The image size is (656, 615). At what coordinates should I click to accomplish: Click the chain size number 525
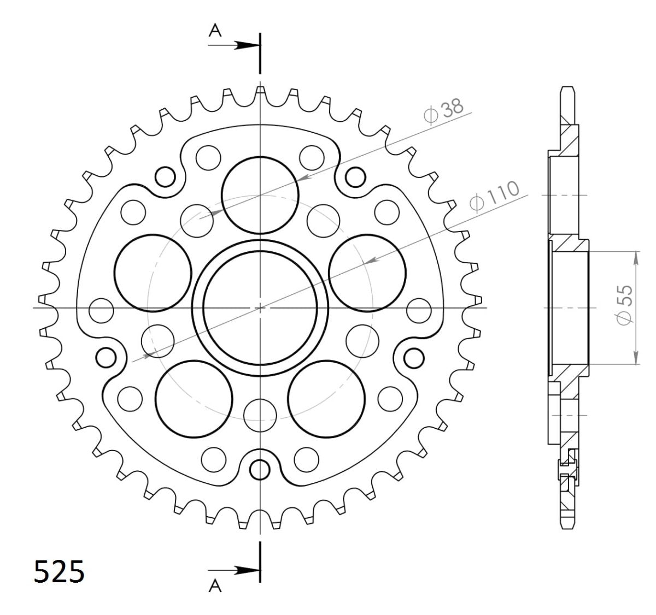59,572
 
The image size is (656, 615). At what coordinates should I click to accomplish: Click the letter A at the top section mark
216,32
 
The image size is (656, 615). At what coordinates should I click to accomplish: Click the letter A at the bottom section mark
216,586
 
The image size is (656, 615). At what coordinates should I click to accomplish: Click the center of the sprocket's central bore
260,307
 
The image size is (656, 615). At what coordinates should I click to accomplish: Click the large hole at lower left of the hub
194,399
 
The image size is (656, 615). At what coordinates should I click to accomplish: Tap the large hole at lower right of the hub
327,399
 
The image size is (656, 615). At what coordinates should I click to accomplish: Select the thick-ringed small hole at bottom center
260,468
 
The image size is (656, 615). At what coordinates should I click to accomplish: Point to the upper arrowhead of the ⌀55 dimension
636,257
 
